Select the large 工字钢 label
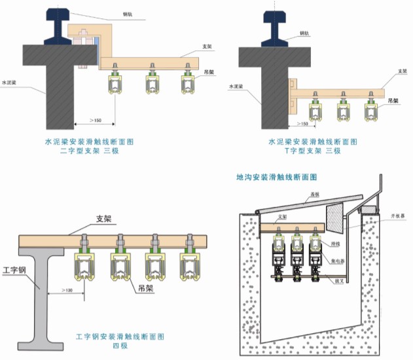tap(14, 268)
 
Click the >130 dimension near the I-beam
tap(67, 290)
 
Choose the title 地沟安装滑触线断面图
tap(276, 177)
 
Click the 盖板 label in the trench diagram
tap(315, 194)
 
